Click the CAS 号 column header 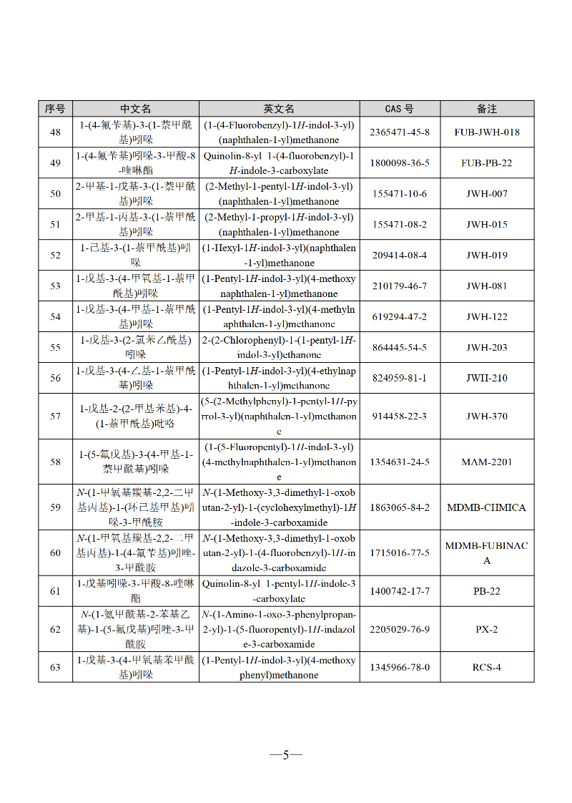point(399,109)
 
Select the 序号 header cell point(55,109)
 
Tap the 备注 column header point(487,109)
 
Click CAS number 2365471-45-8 point(400,132)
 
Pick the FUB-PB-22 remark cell point(487,163)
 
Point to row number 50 point(55,194)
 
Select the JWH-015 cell point(487,225)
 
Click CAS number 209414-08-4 point(400,255)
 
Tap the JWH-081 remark point(487,286)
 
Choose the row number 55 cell point(55,348)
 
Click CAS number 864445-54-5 point(400,348)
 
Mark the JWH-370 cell point(487,417)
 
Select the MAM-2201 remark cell point(487,462)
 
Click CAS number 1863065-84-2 point(400,507)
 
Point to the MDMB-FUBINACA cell point(487,553)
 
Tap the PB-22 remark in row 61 point(487,592)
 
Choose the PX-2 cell point(487,630)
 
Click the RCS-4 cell point(487,668)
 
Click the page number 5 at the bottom point(286,756)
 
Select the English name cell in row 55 point(279,348)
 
